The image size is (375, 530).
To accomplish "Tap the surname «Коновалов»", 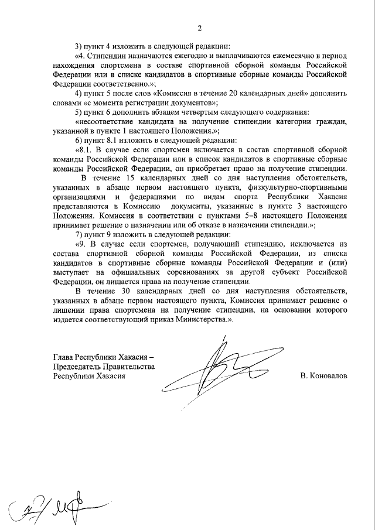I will (x=323, y=375).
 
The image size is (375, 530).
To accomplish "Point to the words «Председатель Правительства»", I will (x=104, y=366).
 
